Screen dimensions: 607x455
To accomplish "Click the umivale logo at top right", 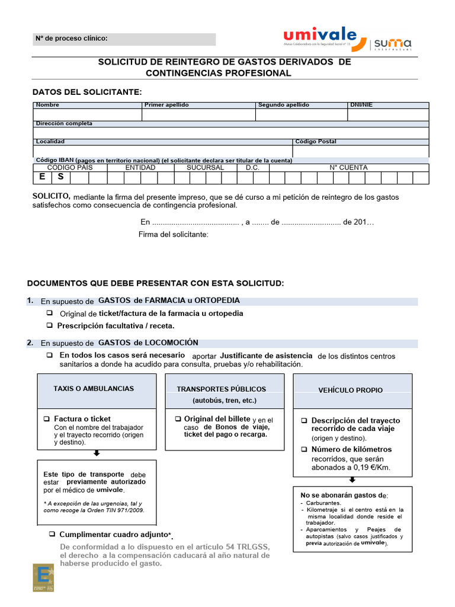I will pos(320,37).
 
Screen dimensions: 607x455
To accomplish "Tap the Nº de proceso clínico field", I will pos(124,39).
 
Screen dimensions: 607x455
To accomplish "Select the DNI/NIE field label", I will pos(361,105).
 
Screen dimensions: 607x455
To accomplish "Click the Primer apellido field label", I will pos(166,105).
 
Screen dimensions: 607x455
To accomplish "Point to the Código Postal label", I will pos(316,142).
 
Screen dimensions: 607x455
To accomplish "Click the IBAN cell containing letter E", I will pos(42,177).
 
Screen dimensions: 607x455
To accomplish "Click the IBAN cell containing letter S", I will pos(60,177).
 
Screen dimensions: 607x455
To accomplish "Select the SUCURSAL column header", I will pos(205,168).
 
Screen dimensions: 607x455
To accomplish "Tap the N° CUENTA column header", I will pos(348,168).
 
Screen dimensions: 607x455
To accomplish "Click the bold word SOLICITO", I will pos(52,196).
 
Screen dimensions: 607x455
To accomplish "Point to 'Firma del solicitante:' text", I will pos(173,235).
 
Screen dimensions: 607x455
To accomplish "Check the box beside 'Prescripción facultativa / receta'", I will pos(50,326).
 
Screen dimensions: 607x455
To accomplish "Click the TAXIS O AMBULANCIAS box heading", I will pos(94,389).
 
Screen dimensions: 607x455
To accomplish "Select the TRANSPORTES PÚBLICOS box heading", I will pos(221,389).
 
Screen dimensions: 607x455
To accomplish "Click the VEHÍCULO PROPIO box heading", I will pos(350,390).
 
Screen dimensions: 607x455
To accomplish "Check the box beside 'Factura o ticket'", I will pos(47,419).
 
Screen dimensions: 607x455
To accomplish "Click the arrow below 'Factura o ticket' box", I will pos(97,453).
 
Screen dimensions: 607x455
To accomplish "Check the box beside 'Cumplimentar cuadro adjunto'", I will pos(52,535).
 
